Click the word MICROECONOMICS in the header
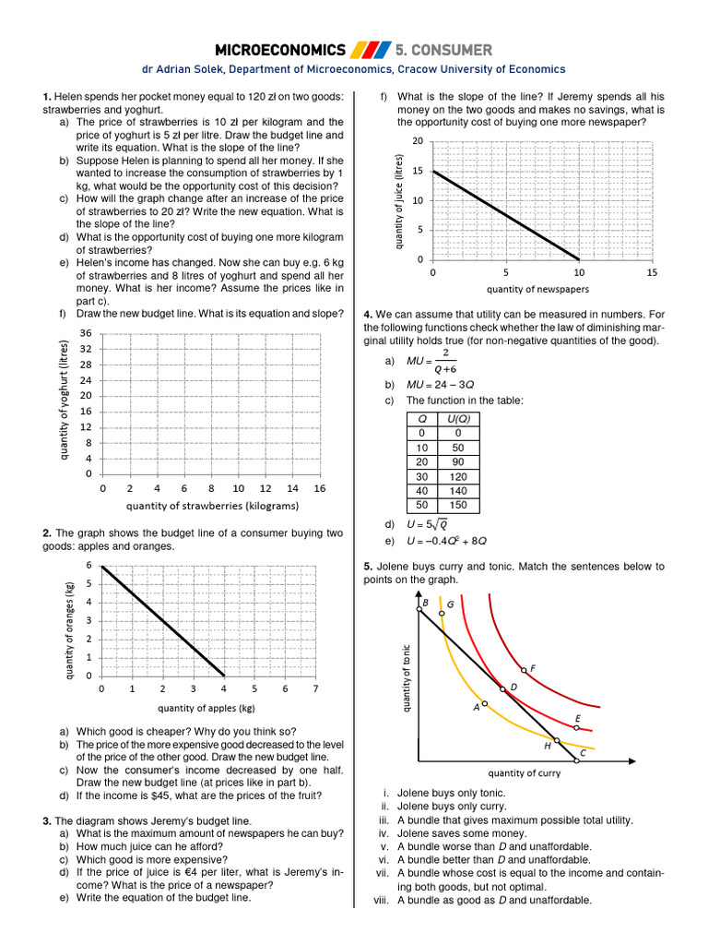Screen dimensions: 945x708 coord(280,49)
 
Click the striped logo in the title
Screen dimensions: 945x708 coord(371,49)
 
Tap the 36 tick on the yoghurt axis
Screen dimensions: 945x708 coord(85,333)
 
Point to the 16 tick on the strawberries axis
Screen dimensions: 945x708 coord(320,488)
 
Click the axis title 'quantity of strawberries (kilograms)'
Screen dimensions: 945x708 coord(212,506)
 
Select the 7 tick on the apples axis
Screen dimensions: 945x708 coord(315,689)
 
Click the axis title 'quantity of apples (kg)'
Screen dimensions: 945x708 coord(206,709)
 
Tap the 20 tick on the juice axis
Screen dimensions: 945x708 coord(417,141)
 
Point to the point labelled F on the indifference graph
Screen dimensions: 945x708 coord(524,670)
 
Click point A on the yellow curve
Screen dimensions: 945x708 coord(485,703)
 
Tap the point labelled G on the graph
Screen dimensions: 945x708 coord(442,613)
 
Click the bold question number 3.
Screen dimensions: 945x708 coord(46,820)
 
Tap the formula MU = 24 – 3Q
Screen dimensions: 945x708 coord(440,384)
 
